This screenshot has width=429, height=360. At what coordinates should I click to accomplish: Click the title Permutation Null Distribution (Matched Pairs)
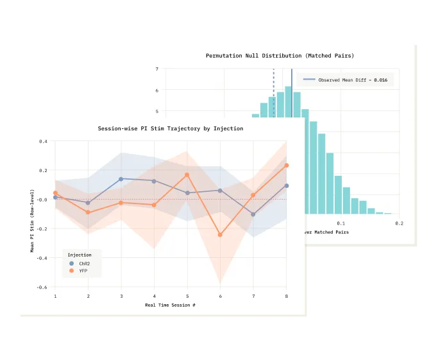[x=280, y=56]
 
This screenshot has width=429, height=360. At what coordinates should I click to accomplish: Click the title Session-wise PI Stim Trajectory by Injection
[x=171, y=128]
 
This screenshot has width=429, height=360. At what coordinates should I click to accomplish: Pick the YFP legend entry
[x=83, y=271]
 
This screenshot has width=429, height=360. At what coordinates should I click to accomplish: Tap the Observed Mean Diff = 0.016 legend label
[x=352, y=80]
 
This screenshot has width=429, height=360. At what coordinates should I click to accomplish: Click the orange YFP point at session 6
[x=220, y=235]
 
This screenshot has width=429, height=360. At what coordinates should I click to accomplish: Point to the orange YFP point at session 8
[x=286, y=166]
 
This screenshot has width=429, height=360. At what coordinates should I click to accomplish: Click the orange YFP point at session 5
[x=187, y=175]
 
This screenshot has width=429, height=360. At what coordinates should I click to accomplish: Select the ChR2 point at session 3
[x=121, y=179]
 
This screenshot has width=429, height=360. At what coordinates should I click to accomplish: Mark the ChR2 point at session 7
[x=253, y=214]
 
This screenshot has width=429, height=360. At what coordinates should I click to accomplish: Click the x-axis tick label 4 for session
[x=154, y=296]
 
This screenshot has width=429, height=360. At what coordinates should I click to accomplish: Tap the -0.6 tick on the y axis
[x=42, y=287]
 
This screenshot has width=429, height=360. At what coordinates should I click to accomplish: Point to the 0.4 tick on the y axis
[x=44, y=141]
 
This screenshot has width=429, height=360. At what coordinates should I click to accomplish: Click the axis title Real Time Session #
[x=170, y=305]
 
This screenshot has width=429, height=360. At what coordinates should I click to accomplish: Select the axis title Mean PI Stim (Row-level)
[x=33, y=219]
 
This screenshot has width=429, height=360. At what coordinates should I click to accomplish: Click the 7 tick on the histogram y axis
[x=157, y=69]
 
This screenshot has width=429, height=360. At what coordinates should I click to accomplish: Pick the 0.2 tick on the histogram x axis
[x=399, y=223]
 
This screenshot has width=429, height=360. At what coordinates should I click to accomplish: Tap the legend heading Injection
[x=80, y=255]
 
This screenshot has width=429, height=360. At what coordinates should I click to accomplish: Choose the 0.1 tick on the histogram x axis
[x=341, y=223]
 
